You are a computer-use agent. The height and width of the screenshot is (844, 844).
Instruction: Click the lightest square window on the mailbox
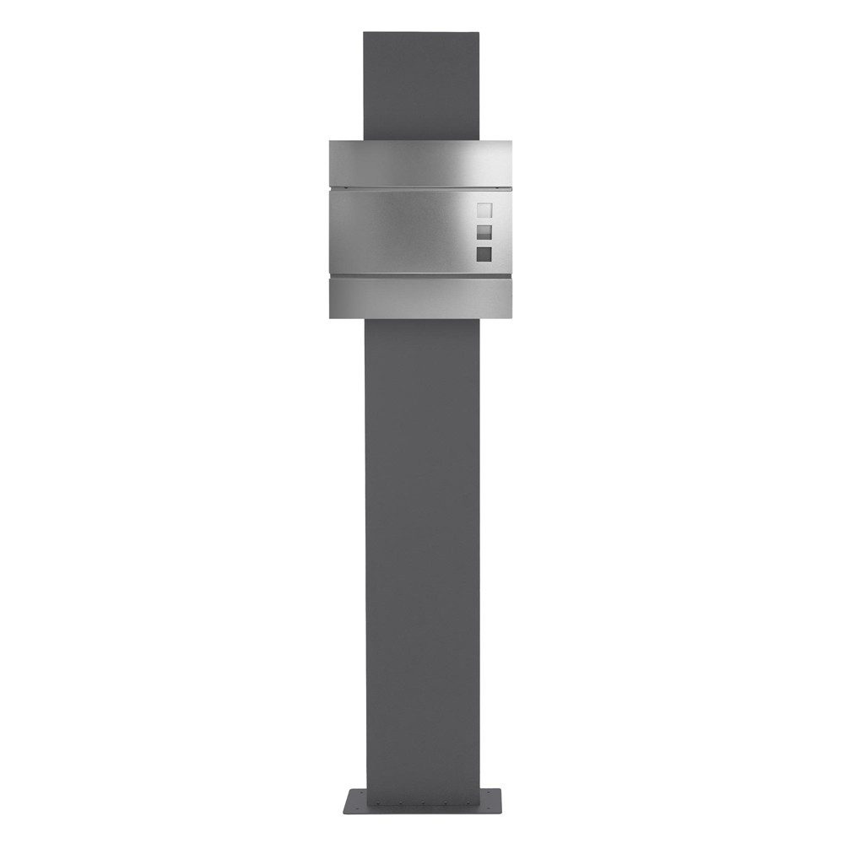(484, 211)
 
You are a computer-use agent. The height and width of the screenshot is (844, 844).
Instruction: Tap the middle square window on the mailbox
(484, 232)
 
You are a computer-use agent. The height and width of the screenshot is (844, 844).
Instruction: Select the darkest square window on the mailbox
(484, 253)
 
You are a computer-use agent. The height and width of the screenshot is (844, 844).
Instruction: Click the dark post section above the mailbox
(421, 84)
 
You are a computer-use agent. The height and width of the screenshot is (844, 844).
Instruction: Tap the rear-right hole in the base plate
(490, 793)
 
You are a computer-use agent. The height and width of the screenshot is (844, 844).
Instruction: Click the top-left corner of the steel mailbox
(331, 141)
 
